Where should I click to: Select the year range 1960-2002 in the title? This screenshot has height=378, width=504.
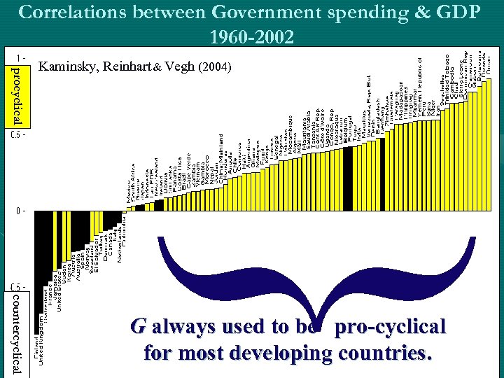(251, 36)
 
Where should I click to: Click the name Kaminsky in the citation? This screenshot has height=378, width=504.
(69, 68)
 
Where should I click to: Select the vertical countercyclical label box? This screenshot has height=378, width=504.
(17, 333)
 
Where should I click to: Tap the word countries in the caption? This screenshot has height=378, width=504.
(391, 353)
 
